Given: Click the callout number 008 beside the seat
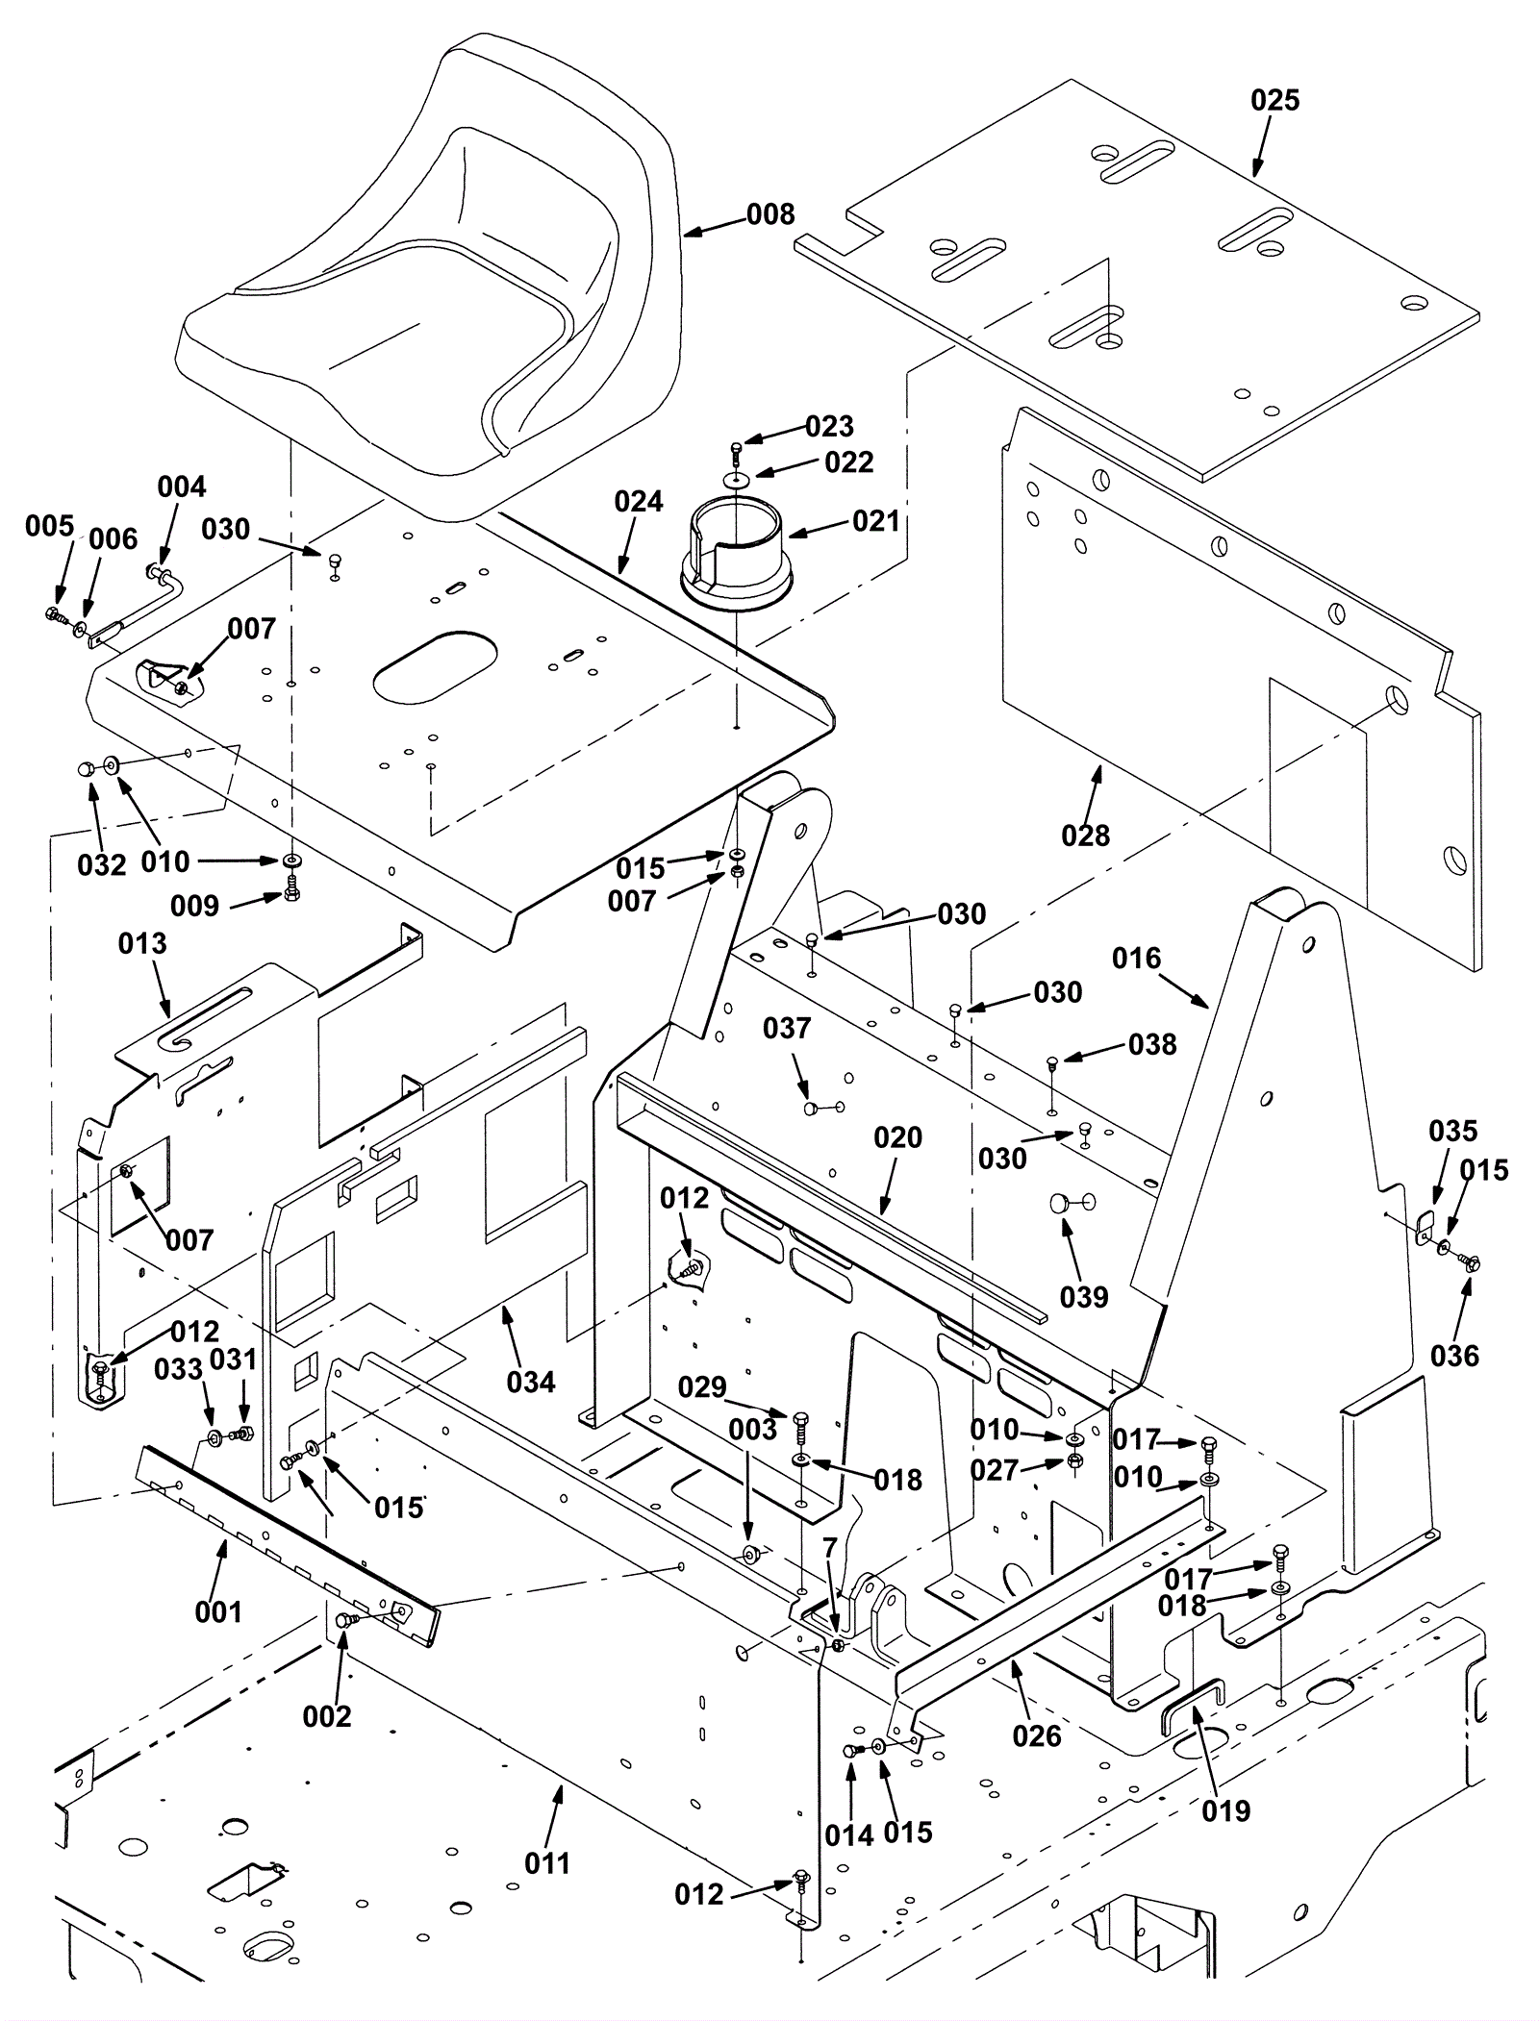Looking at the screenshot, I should coord(770,214).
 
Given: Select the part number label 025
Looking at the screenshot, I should coord(1274,100).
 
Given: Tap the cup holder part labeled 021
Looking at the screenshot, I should coord(737,558).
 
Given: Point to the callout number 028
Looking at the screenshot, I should coord(1085,836).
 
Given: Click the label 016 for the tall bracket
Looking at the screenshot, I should coord(1136,958).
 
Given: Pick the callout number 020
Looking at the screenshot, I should coord(897,1137).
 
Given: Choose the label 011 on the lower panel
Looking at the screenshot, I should coord(547,1890).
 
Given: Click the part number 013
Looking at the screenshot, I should coord(142,943).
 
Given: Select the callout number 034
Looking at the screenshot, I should coord(531,1383).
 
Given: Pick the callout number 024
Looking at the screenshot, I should coord(639,501).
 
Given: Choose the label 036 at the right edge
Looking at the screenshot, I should coord(1454,1356).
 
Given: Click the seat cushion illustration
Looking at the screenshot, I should coord(423,288).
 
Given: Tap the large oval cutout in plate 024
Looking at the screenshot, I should coord(433,664).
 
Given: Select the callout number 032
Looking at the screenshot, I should coord(101,865).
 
